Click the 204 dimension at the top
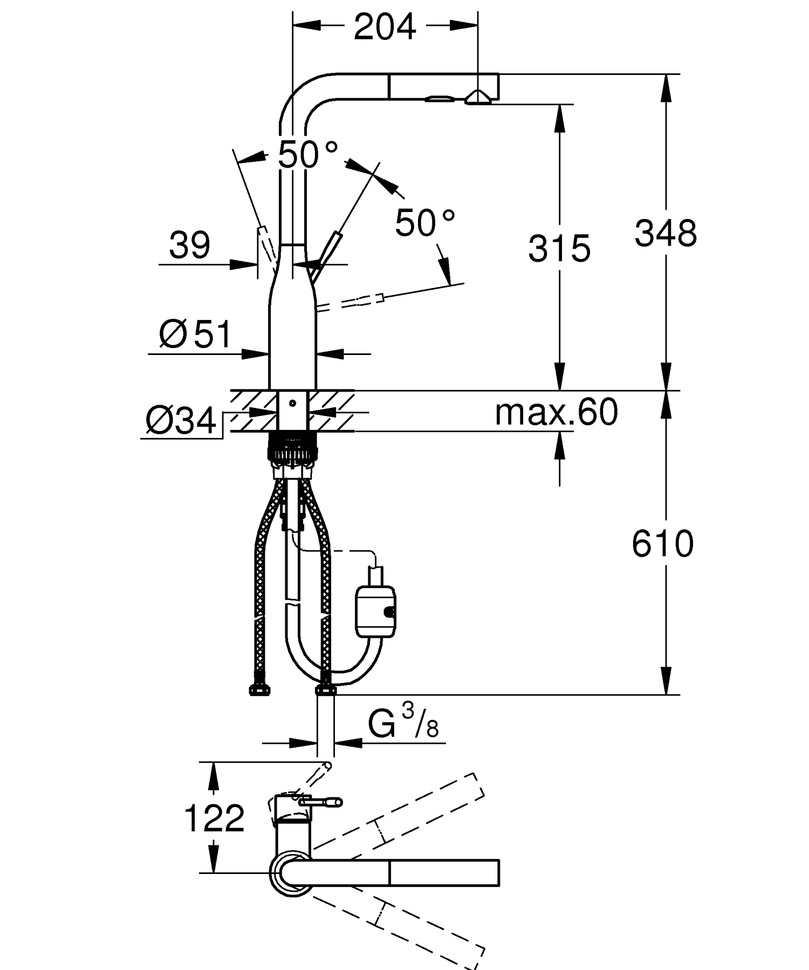[385, 27]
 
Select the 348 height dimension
[666, 234]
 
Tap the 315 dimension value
[559, 249]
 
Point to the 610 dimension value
[662, 543]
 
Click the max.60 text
[556, 413]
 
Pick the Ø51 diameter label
[195, 334]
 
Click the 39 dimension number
[189, 245]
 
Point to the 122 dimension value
[214, 818]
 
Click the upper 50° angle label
[308, 155]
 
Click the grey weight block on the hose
[375, 612]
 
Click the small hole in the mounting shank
[292, 402]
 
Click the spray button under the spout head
[440, 99]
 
